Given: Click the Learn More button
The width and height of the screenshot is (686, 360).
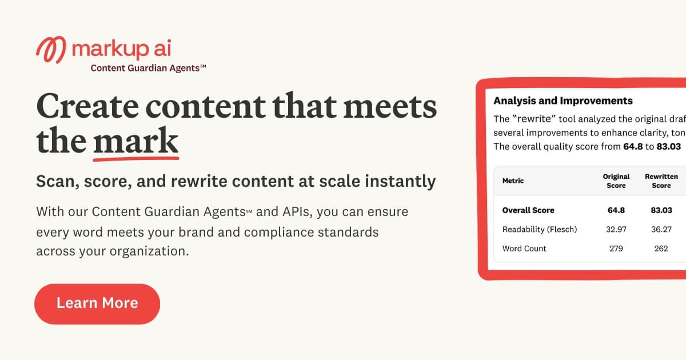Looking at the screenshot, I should click(x=97, y=303).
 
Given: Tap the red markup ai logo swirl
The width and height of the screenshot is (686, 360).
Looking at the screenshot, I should click(x=50, y=50).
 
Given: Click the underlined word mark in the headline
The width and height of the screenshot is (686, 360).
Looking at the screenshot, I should click(x=136, y=141).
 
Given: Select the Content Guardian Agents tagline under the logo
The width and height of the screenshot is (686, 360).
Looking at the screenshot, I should click(x=148, y=68).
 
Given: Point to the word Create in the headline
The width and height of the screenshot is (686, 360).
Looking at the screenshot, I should click(x=87, y=106).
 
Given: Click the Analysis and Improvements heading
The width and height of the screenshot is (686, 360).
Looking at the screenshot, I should click(x=563, y=101).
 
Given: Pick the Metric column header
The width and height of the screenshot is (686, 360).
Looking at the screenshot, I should click(x=513, y=181).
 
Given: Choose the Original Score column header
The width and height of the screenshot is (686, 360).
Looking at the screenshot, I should click(x=616, y=181).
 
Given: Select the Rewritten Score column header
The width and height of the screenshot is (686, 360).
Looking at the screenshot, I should click(x=661, y=181).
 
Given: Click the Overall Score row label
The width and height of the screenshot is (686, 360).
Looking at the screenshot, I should click(x=528, y=210).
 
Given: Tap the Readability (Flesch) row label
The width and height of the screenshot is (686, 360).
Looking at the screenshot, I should click(x=540, y=229).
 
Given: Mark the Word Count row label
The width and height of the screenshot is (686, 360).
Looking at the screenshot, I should click(x=524, y=249).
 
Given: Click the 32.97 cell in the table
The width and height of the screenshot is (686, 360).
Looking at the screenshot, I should click(x=616, y=229).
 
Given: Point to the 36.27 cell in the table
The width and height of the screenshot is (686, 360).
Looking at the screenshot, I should click(x=661, y=229).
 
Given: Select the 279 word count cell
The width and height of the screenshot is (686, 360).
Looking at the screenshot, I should click(x=616, y=249).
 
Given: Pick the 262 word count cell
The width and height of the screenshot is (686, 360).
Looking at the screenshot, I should click(x=661, y=249).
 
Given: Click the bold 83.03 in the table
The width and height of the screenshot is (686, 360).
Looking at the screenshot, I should click(x=661, y=210).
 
